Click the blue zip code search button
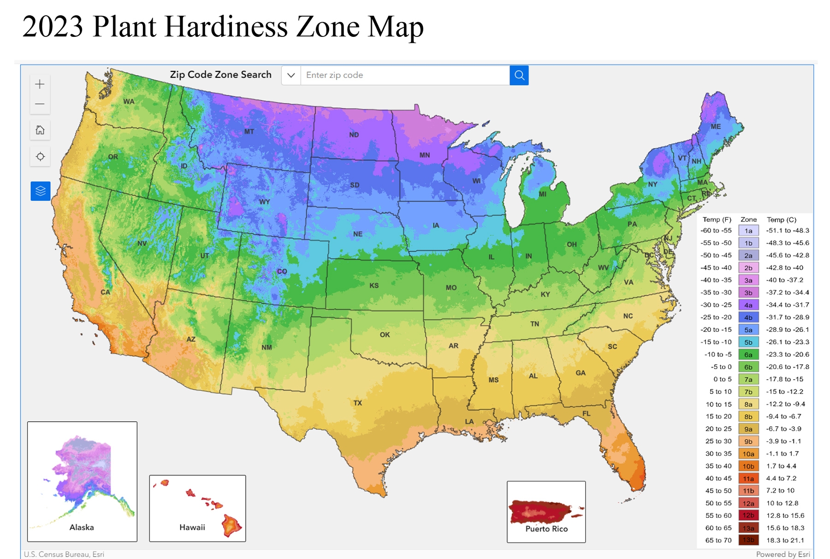coord(519,75)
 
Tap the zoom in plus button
coord(40,84)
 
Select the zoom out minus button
coord(40,104)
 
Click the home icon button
coord(40,130)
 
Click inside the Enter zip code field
coord(404,75)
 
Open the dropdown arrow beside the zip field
coord(291,75)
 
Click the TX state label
coord(357,403)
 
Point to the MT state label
coord(249,132)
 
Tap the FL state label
coord(586,413)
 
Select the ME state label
coord(716,126)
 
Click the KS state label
coord(374,286)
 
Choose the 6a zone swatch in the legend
coord(748,354)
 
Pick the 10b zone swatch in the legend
coord(748,466)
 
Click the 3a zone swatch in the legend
coord(748,280)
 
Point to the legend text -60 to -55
coord(716,230)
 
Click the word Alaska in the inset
coord(82,527)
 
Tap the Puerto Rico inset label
coord(546,529)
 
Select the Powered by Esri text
coord(783,554)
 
